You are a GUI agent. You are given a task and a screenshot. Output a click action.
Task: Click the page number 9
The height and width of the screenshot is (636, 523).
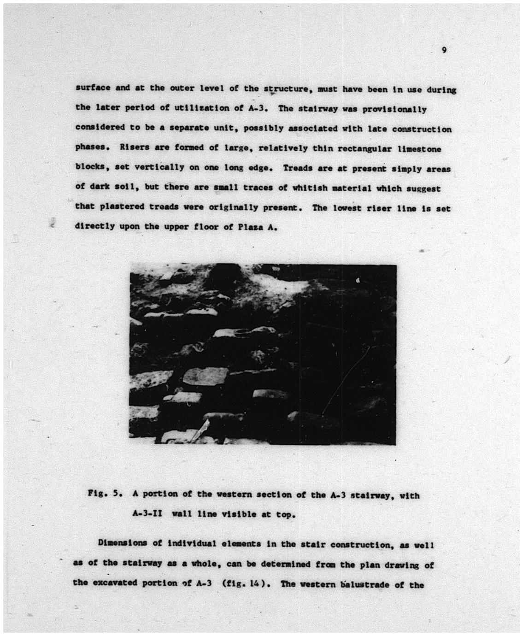pos(443,50)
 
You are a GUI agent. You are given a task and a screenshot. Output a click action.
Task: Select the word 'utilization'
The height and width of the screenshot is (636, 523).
pos(199,109)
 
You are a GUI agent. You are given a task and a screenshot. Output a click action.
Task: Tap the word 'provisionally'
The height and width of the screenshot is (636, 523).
pos(394,109)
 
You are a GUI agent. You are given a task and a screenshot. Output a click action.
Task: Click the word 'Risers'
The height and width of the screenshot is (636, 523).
pos(134,148)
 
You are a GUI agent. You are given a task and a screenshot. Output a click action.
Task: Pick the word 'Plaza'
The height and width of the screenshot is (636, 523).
pos(249,227)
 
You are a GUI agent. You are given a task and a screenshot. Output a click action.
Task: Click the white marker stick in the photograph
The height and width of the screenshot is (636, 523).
pos(200,431)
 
